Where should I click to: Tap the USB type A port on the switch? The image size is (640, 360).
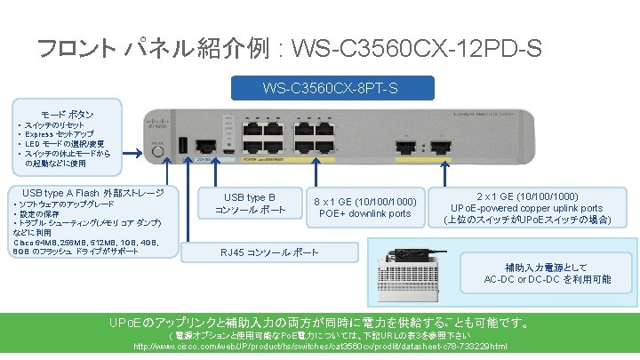183,144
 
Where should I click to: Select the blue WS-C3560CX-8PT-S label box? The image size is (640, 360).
331,88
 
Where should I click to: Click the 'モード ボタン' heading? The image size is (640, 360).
67,115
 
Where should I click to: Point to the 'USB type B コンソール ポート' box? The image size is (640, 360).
250,204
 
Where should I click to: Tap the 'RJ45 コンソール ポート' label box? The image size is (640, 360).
268,252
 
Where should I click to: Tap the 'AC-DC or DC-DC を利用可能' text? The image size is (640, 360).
547,279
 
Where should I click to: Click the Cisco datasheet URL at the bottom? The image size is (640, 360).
320,347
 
